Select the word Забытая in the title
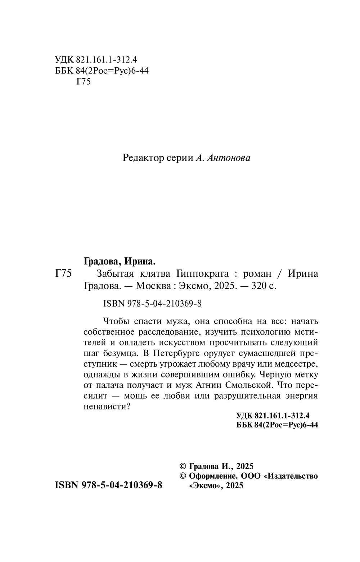[114, 274]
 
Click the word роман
[257, 274]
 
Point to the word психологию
[265, 331]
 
